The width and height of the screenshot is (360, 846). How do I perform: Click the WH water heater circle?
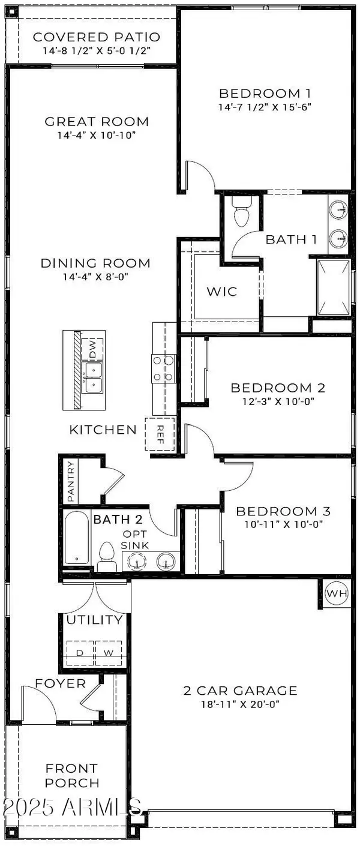coord(337,593)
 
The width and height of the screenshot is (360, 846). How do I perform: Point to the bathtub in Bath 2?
coord(77,537)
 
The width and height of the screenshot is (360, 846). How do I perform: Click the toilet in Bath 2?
coord(107,555)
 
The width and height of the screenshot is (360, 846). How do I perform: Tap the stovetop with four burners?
coord(163,369)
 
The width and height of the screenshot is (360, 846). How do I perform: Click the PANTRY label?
coord(71,482)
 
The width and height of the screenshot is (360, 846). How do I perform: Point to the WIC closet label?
coord(221,292)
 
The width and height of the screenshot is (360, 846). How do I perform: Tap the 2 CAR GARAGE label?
coord(240,691)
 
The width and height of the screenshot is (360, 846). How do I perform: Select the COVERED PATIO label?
coord(97,37)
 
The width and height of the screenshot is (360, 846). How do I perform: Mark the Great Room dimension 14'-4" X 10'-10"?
coord(97,135)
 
